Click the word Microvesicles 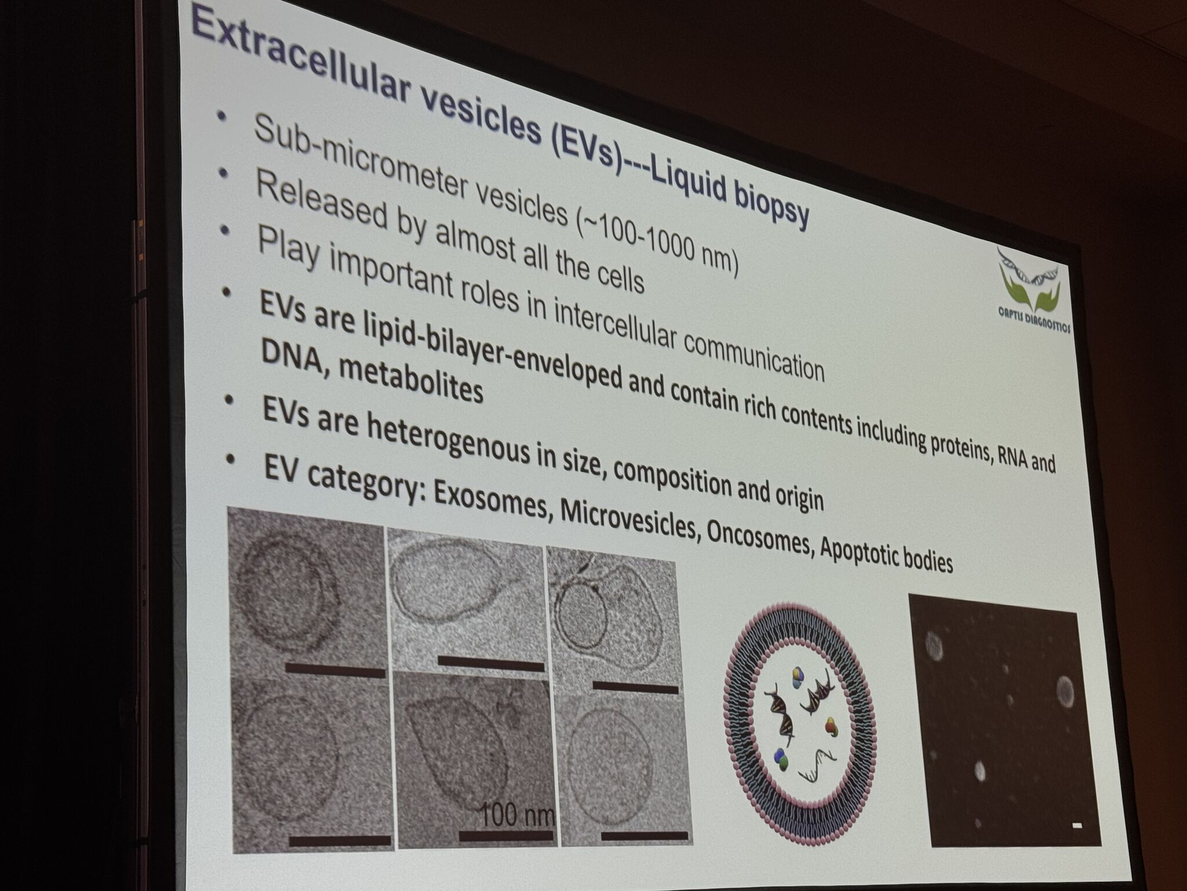click(628, 521)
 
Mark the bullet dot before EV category click(231, 459)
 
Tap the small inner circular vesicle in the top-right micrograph click(581, 615)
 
